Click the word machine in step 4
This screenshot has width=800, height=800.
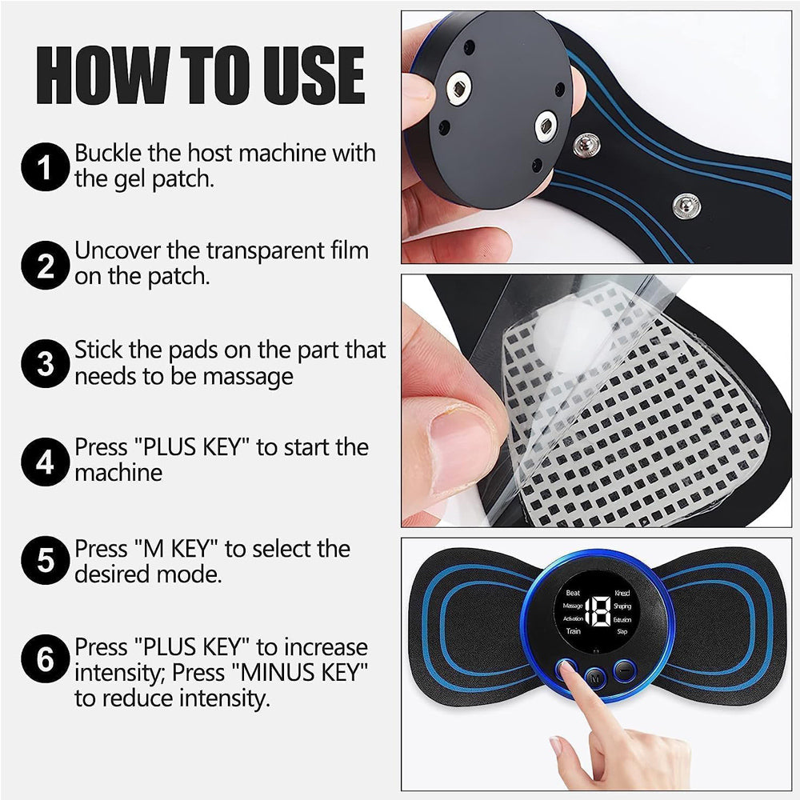(x=118, y=473)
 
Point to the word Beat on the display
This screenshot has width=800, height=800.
(x=573, y=593)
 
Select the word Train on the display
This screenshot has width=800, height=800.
(x=574, y=631)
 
